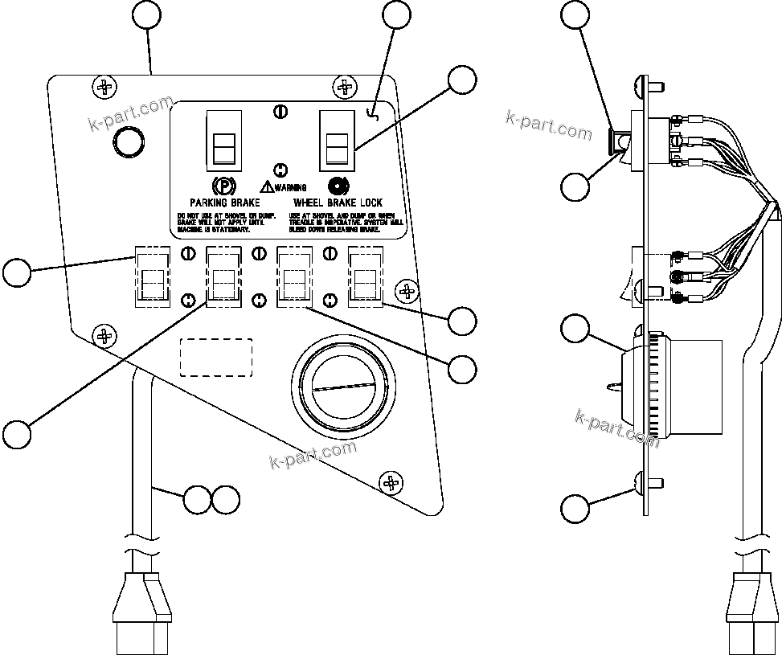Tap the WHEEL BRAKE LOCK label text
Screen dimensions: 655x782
pyautogui.click(x=338, y=203)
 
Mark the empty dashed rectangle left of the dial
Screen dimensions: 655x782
pyautogui.click(x=215, y=357)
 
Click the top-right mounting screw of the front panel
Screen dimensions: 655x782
pyautogui.click(x=345, y=86)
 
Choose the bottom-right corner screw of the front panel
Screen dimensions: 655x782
pyautogui.click(x=391, y=481)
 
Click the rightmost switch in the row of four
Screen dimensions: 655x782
pyautogui.click(x=364, y=276)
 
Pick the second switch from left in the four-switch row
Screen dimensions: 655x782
pyautogui.click(x=223, y=277)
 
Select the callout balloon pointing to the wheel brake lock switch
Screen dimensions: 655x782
pyautogui.click(x=461, y=80)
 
